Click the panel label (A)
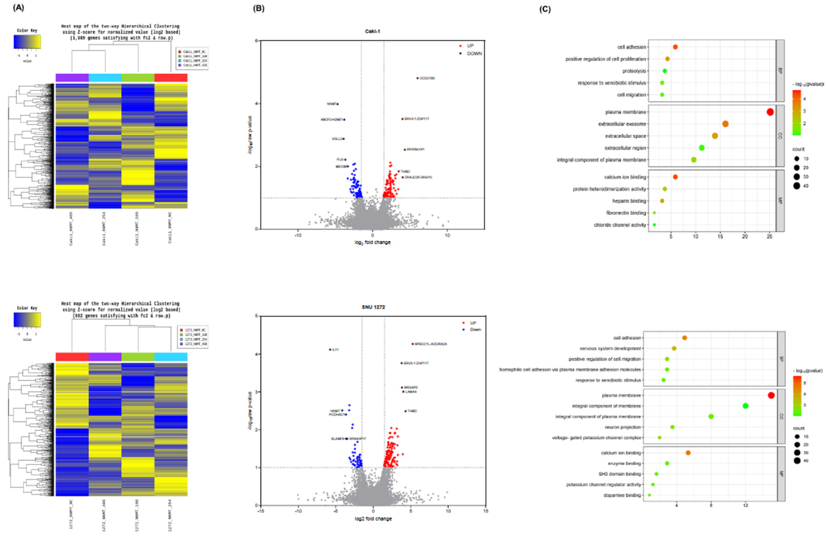coord(18,8)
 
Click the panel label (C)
coord(544,9)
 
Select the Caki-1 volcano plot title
coord(372,31)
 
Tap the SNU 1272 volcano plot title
coord(373,307)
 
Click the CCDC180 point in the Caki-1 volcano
coord(417,78)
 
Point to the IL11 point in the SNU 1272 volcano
coord(330,349)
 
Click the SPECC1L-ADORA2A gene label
coord(431,344)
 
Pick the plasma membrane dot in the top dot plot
coord(770,112)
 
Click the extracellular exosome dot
coord(725,124)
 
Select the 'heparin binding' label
coord(629,201)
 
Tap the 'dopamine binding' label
coord(622,495)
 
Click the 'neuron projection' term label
coord(623,427)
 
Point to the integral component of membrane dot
coord(745,406)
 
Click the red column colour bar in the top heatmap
coord(171,77)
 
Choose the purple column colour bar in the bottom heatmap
coord(105,357)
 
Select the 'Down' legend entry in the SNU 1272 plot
coord(475,329)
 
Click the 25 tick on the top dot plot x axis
coord(769,236)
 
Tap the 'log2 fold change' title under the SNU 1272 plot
coord(373,519)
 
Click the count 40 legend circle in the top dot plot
coord(796,186)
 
